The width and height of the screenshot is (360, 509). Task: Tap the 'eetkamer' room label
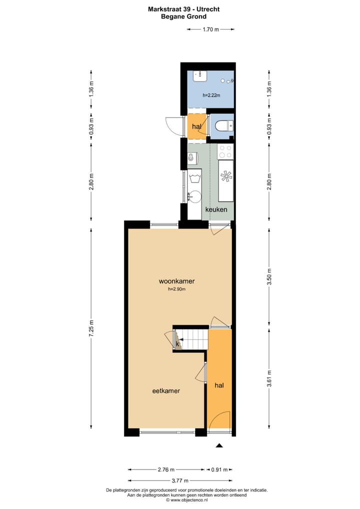pos(166,391)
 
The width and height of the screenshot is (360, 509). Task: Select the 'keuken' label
pos(216,210)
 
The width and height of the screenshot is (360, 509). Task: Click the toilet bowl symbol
pos(221,125)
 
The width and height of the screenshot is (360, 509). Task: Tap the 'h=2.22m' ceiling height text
pos(210,95)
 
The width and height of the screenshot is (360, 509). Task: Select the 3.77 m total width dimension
pos(180,479)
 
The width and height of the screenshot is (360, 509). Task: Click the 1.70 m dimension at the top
pos(210,29)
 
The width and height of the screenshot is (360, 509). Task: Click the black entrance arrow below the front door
pos(219,445)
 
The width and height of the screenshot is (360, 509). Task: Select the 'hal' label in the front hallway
pos(219,385)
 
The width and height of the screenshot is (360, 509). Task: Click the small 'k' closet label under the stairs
pos(177,343)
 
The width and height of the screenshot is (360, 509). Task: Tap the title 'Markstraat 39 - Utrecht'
pos(183,9)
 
